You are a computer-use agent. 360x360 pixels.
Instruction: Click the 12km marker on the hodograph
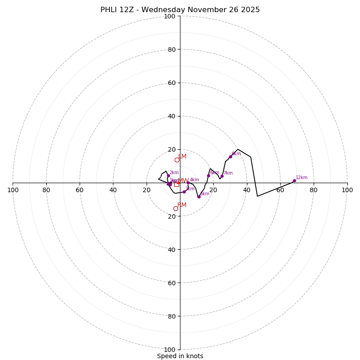[x=294, y=181]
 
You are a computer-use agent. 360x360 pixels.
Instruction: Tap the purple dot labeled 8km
[x=230, y=157]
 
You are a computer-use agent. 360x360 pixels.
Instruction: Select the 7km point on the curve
[x=222, y=176]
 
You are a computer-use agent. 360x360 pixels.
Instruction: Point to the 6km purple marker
[x=208, y=175]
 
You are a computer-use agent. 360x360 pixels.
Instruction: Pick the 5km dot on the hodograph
[x=199, y=197]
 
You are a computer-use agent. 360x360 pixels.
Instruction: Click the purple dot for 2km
[x=168, y=175]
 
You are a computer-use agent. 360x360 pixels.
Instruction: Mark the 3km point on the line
[x=184, y=192]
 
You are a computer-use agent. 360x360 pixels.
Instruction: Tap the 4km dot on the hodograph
[x=188, y=183]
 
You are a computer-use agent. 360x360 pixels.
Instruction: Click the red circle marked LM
[x=177, y=160]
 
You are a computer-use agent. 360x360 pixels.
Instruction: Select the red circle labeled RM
[x=175, y=208]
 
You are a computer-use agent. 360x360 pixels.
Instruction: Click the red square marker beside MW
[x=176, y=184]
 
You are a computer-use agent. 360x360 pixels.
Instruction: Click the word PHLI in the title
[x=109, y=10]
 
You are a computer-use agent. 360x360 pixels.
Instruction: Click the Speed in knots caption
[x=180, y=356]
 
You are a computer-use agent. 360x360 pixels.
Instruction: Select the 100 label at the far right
[x=347, y=190]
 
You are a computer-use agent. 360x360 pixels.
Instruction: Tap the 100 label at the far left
[x=13, y=190]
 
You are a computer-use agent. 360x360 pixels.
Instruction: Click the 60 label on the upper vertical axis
[x=169, y=83]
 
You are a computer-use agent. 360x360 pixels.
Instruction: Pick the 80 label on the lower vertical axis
[x=169, y=316]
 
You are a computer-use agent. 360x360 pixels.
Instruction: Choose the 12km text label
[x=301, y=177]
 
